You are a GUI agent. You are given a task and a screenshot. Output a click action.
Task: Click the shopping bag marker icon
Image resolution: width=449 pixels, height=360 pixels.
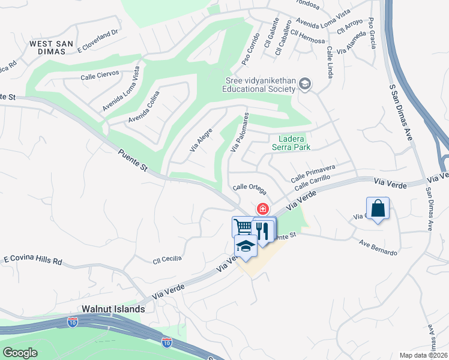tap(378, 209)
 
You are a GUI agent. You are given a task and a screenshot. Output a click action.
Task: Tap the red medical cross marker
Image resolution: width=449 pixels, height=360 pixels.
tap(262, 208)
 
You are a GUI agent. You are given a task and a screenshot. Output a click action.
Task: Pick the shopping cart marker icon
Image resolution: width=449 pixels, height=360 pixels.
tap(243, 227)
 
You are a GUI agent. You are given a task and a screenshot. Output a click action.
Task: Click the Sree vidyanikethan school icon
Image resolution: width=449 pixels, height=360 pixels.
tap(304, 83)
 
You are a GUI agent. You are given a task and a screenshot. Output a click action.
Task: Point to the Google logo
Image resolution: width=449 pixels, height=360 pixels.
tap(20, 352)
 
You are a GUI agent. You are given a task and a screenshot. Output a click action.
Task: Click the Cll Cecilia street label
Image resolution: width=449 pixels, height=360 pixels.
tap(167, 259)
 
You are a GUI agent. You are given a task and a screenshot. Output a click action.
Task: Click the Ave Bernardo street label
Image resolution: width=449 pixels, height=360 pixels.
tap(378, 248)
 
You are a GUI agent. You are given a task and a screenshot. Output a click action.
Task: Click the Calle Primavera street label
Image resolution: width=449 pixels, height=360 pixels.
tap(313, 173)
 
